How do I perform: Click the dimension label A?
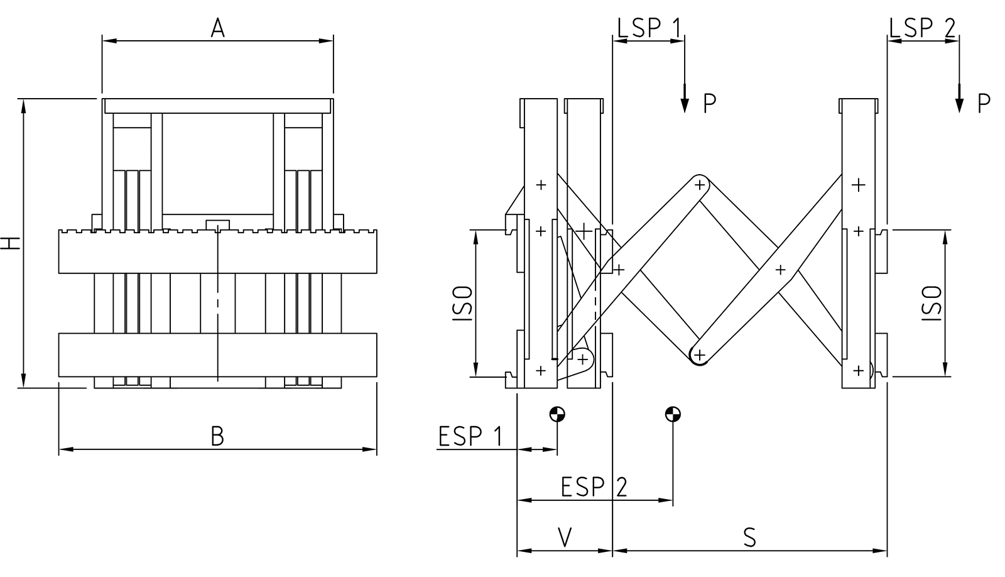tap(217, 28)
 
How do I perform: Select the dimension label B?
tap(217, 436)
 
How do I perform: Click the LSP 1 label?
tap(649, 28)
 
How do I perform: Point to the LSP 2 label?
tap(922, 28)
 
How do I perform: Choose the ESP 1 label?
tap(470, 436)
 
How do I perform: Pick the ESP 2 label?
tap(594, 486)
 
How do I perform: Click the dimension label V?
tap(565, 537)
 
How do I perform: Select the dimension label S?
tap(749, 537)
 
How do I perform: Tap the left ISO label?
tap(462, 304)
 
